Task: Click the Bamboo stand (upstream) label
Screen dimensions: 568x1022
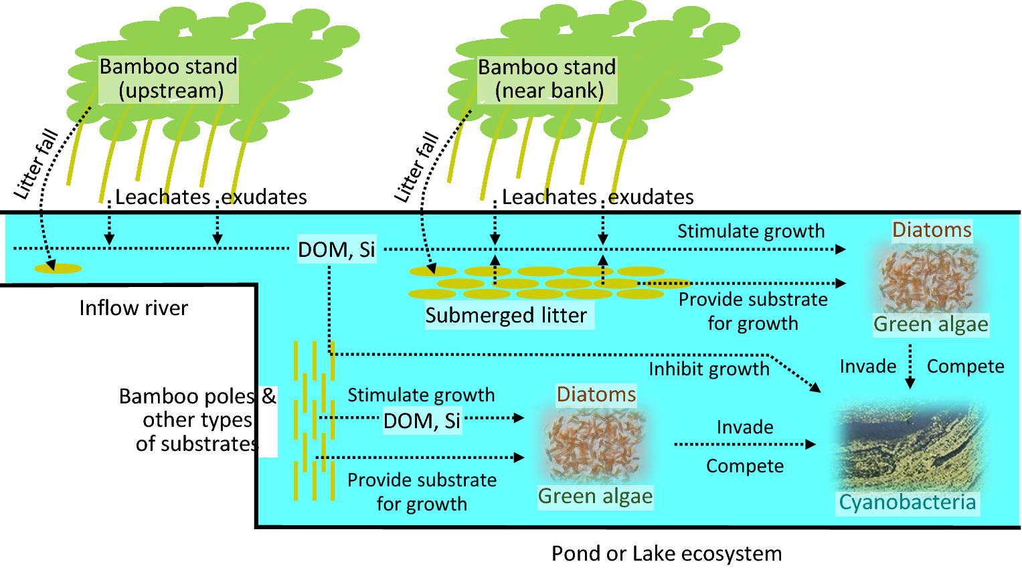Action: (x=169, y=79)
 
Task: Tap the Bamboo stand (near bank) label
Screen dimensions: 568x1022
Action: (x=547, y=79)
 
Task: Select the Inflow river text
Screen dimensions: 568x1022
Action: (x=133, y=308)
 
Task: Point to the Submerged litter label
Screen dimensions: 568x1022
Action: (x=506, y=315)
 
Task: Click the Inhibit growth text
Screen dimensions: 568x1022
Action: (x=709, y=369)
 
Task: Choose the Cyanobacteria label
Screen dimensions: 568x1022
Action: (x=907, y=502)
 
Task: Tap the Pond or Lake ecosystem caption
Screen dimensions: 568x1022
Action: (x=667, y=553)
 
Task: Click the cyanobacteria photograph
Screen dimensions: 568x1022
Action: (x=911, y=448)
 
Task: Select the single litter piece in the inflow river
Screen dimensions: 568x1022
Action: (x=58, y=268)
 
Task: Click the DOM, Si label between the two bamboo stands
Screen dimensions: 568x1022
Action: (x=337, y=250)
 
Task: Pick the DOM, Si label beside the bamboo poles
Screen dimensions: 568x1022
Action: (x=422, y=421)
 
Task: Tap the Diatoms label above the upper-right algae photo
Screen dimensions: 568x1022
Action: (x=932, y=230)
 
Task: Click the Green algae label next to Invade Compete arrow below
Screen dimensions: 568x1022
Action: (x=595, y=496)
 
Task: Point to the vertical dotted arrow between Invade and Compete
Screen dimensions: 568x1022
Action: (x=910, y=367)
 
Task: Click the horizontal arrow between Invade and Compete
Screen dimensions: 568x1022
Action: (x=744, y=444)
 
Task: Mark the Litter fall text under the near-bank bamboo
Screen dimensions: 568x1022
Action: (x=416, y=167)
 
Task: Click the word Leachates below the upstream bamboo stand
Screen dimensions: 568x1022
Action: (x=163, y=197)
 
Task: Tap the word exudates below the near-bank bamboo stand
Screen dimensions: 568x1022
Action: (x=651, y=197)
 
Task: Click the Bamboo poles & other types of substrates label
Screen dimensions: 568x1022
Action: (x=197, y=419)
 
